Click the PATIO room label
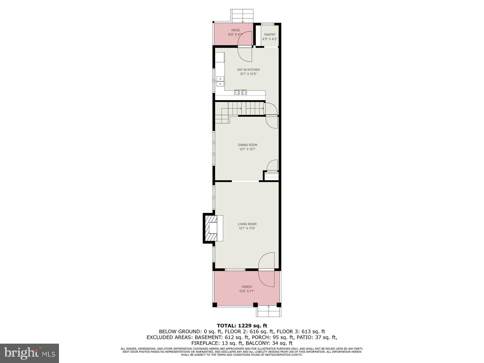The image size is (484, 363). click(235, 30)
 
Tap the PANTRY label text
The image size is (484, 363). click(270, 35)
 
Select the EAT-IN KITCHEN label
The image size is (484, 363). click(248, 70)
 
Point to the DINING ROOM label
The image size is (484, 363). click(247, 145)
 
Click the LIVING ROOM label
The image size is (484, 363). click(247, 224)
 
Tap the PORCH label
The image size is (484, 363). click(247, 287)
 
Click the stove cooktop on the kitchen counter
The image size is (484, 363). click(240, 93)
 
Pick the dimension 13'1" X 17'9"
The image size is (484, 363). click(247, 228)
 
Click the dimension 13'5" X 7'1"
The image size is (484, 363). click(247, 291)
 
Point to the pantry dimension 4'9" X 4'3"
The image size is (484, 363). click(270, 39)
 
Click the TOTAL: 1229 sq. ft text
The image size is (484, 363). click(242, 326)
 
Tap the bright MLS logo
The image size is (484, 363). click(29, 353)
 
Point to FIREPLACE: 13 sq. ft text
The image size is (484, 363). click(217, 343)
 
